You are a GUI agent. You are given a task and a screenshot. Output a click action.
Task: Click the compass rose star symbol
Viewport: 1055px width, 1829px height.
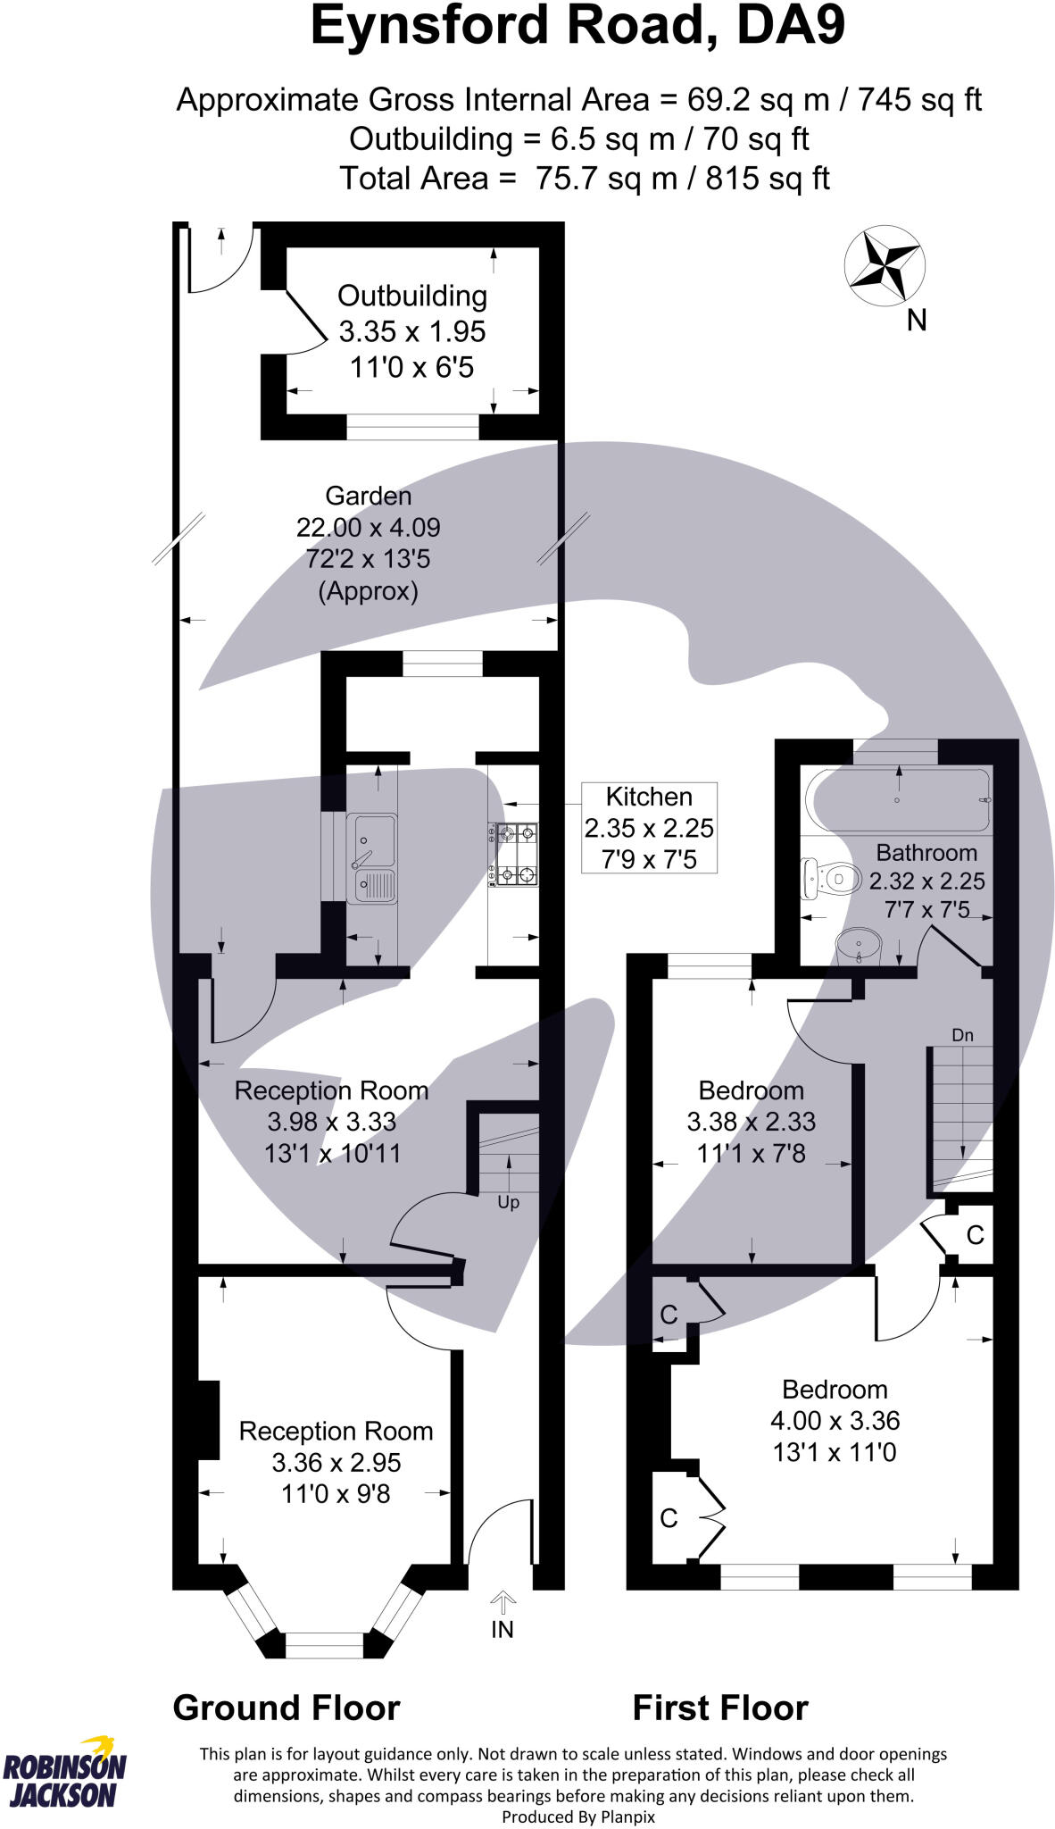click(x=885, y=265)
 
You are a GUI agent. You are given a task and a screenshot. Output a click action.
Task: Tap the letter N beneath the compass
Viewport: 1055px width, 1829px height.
click(x=917, y=320)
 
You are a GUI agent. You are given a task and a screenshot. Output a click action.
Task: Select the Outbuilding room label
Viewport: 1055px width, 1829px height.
click(x=411, y=296)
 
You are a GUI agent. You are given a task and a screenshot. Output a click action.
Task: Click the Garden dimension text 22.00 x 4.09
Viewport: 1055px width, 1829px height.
click(x=369, y=527)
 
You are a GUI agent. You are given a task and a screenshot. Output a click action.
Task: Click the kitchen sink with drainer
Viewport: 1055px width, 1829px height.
click(x=371, y=857)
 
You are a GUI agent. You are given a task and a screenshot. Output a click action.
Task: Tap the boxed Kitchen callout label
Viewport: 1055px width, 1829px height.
click(x=649, y=827)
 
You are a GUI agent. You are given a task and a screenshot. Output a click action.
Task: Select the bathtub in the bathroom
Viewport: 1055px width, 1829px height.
click(x=898, y=800)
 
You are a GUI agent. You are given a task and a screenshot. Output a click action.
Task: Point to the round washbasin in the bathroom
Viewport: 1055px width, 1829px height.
click(x=859, y=943)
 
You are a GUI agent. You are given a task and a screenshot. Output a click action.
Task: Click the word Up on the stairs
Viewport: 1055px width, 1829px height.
click(x=508, y=1202)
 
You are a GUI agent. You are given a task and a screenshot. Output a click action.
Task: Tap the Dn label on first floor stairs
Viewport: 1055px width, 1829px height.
click(x=962, y=1035)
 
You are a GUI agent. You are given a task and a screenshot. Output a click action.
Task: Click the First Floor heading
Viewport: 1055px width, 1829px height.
click(x=719, y=1708)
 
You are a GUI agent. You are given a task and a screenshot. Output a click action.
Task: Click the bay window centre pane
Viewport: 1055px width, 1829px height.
click(x=325, y=1644)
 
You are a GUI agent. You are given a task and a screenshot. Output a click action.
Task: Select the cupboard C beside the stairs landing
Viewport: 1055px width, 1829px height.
click(x=975, y=1235)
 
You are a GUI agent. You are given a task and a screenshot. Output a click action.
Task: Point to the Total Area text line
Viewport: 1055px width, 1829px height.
click(x=584, y=178)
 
